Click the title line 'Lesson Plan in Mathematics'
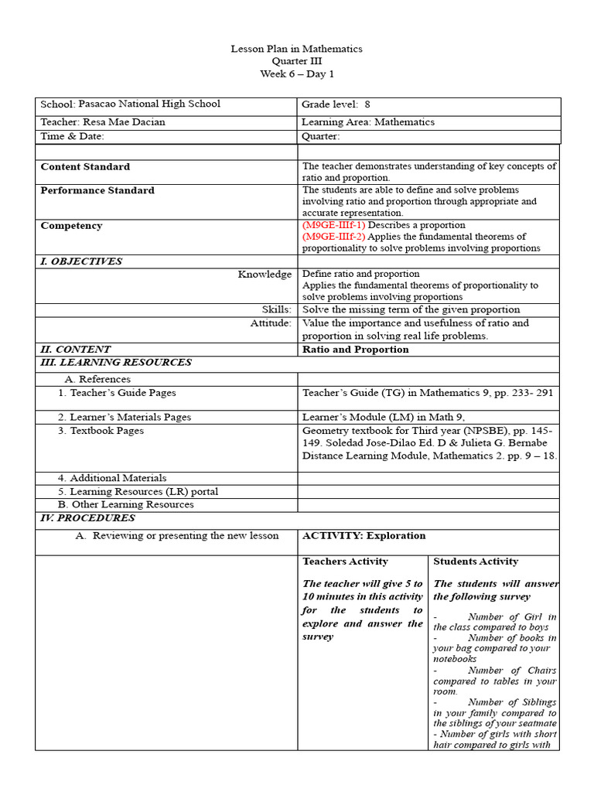click(x=296, y=49)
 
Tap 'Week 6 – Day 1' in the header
click(x=296, y=73)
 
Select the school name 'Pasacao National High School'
click(x=149, y=104)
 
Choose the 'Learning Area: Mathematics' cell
click(x=368, y=121)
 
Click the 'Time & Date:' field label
click(x=72, y=136)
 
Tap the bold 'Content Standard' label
click(x=85, y=166)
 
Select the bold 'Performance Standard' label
click(x=97, y=190)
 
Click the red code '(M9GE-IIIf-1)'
click(x=333, y=225)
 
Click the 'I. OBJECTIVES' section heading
click(x=81, y=261)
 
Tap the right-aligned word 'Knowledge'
click(x=265, y=274)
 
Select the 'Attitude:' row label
click(x=271, y=323)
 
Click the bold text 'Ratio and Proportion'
click(x=356, y=349)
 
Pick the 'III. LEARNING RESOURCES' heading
click(x=116, y=362)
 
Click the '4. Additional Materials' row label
click(x=112, y=478)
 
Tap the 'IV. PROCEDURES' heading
click(x=87, y=517)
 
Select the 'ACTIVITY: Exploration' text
click(x=364, y=535)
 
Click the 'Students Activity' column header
click(x=476, y=561)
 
